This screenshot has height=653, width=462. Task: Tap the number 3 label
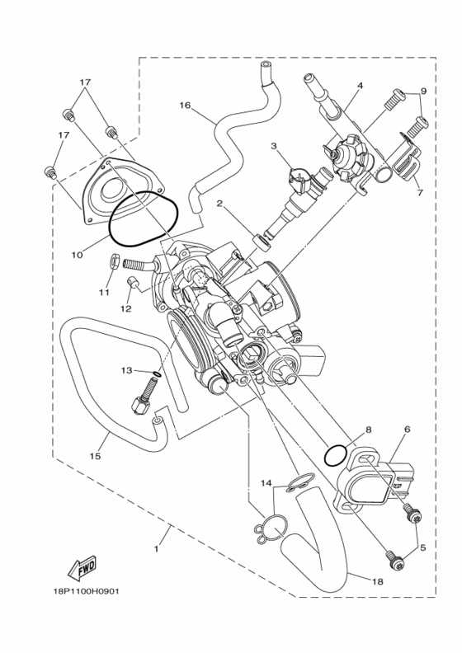(x=273, y=146)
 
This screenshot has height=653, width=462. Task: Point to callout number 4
(x=360, y=85)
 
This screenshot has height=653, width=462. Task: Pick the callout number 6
(x=407, y=430)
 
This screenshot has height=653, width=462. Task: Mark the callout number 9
(x=423, y=91)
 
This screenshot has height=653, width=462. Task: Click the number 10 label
(x=76, y=256)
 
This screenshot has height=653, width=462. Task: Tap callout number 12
(x=125, y=309)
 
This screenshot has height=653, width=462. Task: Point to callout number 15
(x=95, y=454)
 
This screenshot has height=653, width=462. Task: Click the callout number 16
(x=184, y=105)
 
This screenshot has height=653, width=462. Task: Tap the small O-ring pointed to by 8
(x=336, y=455)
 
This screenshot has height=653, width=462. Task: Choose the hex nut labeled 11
(x=115, y=264)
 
